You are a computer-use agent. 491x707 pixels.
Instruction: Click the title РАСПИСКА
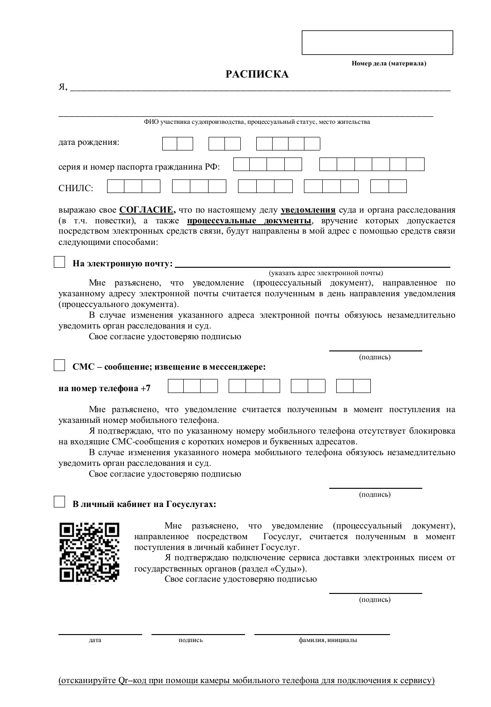pos(257,74)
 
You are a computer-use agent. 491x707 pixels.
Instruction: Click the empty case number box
pos(377,43)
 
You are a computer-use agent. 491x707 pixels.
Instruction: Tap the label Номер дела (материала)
pos(389,63)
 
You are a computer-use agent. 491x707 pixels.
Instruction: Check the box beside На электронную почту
pos(59,262)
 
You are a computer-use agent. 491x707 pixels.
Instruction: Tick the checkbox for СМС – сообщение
pos(59,365)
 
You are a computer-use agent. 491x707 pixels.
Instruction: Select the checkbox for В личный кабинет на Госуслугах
pos(59,502)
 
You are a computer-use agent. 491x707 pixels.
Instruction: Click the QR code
pos(89,552)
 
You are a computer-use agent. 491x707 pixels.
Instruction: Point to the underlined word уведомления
pos(308,210)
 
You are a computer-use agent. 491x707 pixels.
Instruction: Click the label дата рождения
pos(89,142)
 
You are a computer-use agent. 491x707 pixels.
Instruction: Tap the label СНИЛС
pos(76,188)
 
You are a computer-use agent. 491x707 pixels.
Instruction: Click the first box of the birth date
pos(170,143)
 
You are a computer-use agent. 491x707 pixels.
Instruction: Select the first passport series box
pos(241,164)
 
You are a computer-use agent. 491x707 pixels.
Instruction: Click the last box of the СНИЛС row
pos(397,186)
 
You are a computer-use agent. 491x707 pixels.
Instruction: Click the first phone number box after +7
pos(176,386)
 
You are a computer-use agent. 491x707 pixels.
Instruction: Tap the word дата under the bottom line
pos(95,640)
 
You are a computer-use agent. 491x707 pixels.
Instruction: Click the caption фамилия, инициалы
pos(328,640)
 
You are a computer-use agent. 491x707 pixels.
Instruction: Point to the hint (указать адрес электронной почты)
pos(325,273)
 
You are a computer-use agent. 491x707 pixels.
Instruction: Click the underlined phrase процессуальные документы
pos(249,221)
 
